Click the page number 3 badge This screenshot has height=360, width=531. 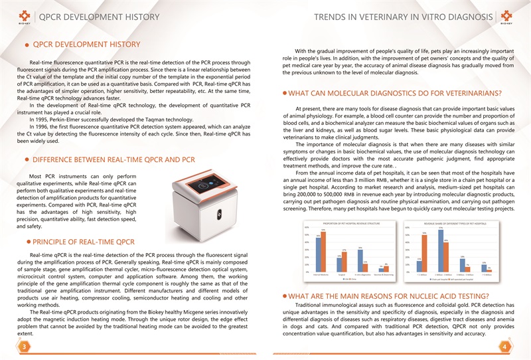23,347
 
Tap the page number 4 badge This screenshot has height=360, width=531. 506,347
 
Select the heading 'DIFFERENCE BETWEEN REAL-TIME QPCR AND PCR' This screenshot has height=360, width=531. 114,160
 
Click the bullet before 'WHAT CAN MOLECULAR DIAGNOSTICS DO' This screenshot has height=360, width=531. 285,93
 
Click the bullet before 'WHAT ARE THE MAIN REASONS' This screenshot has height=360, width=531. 285,296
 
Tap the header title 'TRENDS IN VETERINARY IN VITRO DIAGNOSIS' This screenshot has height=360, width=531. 404,17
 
